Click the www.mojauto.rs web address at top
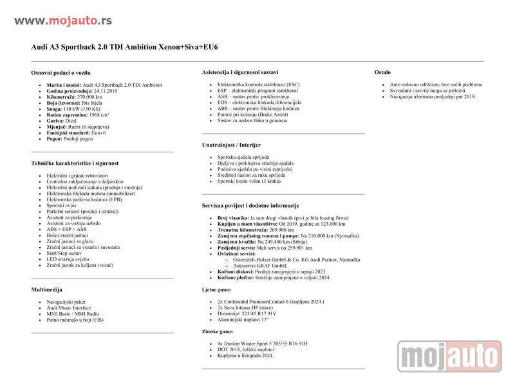coord(63,21)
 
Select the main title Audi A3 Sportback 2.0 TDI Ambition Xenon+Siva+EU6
coord(125,48)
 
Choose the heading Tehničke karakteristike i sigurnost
coord(75,163)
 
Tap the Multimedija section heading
coord(47,289)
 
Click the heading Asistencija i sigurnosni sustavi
coord(240,72)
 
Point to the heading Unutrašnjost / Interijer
coord(231,145)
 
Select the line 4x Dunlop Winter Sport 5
coord(251,344)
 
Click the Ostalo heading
coord(382,72)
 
